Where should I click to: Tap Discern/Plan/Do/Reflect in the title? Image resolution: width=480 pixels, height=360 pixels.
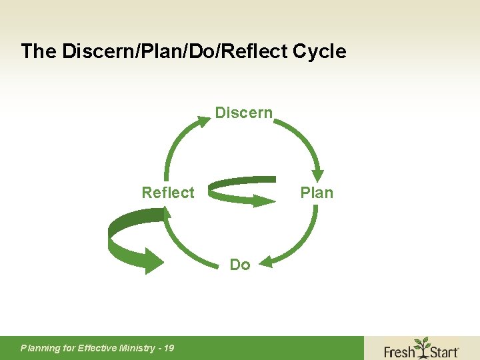point(170,51)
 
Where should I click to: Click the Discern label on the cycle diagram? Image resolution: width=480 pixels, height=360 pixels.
point(243,113)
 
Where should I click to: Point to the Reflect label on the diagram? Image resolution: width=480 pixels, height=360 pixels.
point(168,193)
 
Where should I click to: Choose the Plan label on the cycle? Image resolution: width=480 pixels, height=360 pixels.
point(317,193)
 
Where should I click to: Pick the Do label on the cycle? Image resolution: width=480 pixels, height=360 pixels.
point(240,265)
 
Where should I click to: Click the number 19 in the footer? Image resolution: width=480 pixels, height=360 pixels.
point(168,348)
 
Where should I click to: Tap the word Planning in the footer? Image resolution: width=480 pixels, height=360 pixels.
point(41,348)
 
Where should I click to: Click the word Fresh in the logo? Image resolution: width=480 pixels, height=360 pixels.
point(399,351)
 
